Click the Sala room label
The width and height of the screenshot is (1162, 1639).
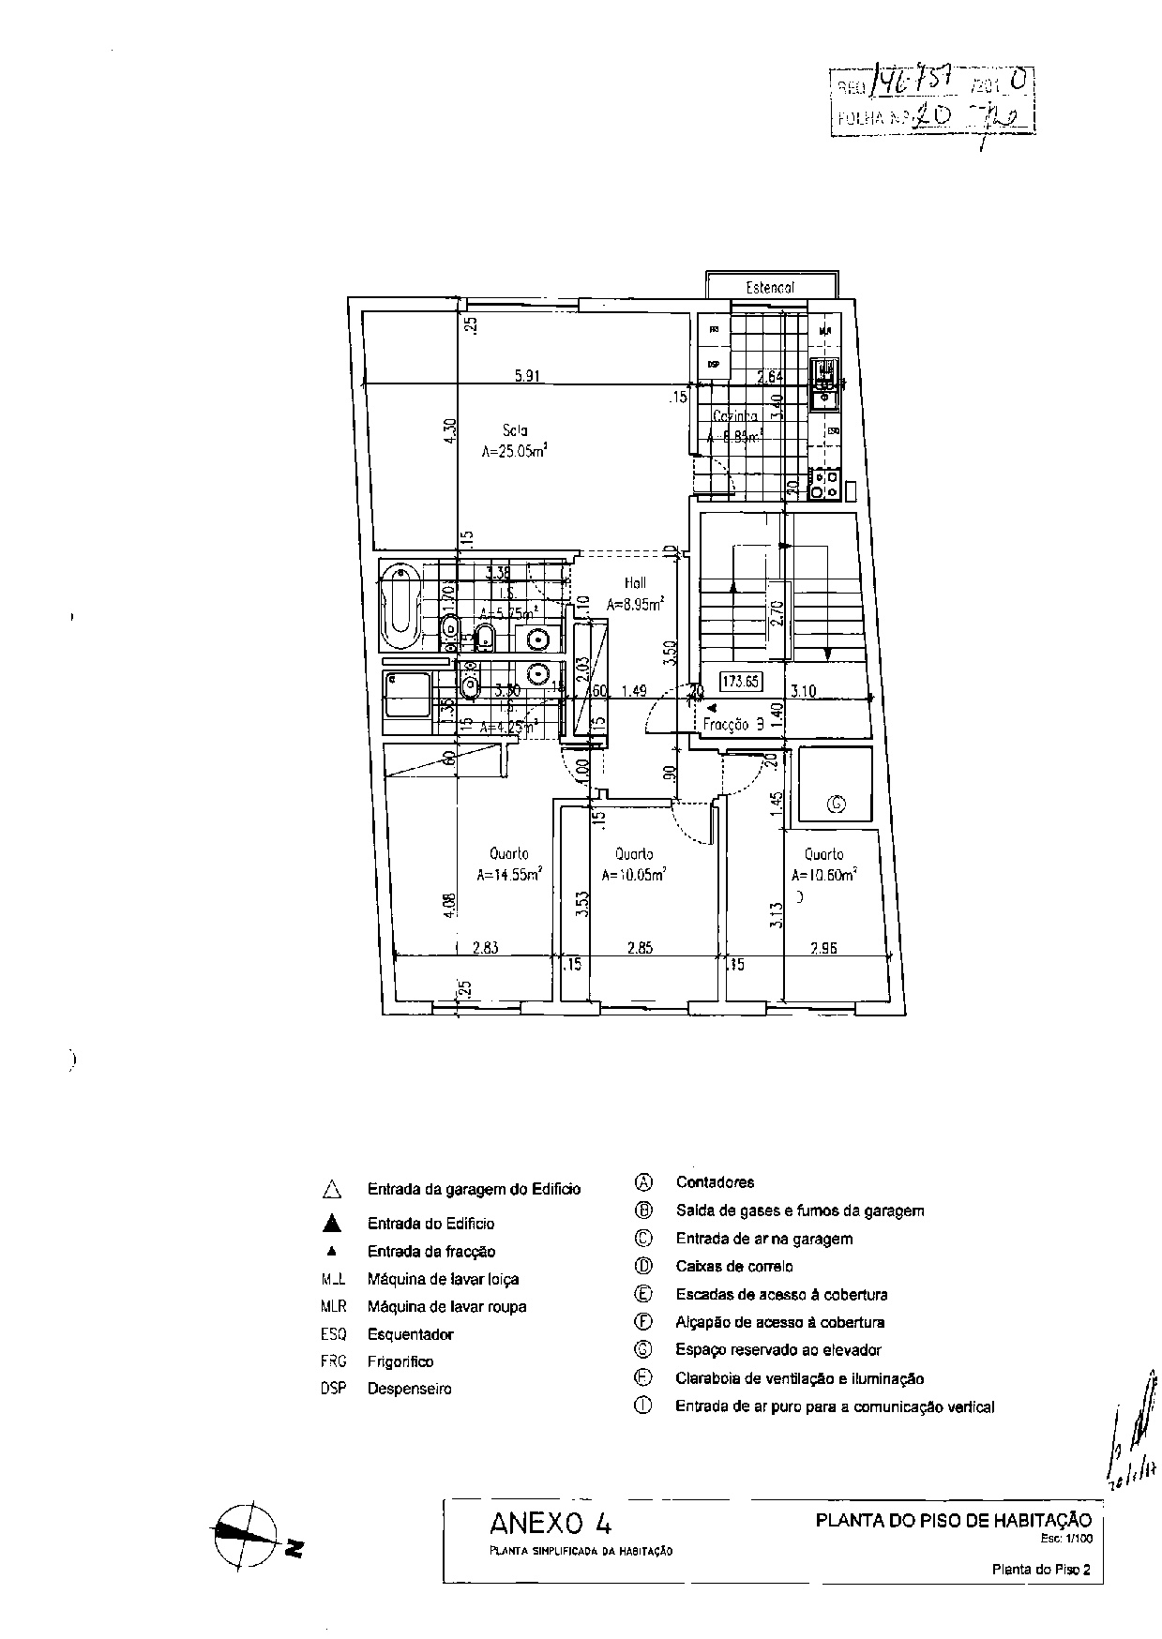tap(515, 431)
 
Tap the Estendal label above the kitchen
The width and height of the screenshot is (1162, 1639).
tap(770, 288)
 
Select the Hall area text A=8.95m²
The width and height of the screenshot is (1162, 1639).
tap(636, 605)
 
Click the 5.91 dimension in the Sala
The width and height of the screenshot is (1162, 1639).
tap(526, 376)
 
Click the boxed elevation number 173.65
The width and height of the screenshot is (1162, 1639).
tap(741, 682)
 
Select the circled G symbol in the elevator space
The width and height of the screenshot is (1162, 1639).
tap(836, 804)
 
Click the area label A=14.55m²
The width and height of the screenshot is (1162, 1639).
tap(509, 876)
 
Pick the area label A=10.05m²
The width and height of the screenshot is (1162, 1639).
tap(634, 876)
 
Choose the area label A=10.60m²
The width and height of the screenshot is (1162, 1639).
tap(824, 876)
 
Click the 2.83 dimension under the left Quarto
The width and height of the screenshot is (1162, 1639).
tap(485, 948)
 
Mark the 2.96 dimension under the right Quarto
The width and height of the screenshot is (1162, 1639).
tap(823, 948)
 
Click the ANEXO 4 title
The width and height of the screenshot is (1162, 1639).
tap(551, 1521)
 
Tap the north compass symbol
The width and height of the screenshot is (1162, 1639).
tap(247, 1534)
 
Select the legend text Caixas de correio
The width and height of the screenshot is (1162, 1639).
tap(733, 1267)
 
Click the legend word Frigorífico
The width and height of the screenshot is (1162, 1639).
tap(400, 1361)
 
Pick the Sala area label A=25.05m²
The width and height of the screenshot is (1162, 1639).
tap(514, 451)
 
